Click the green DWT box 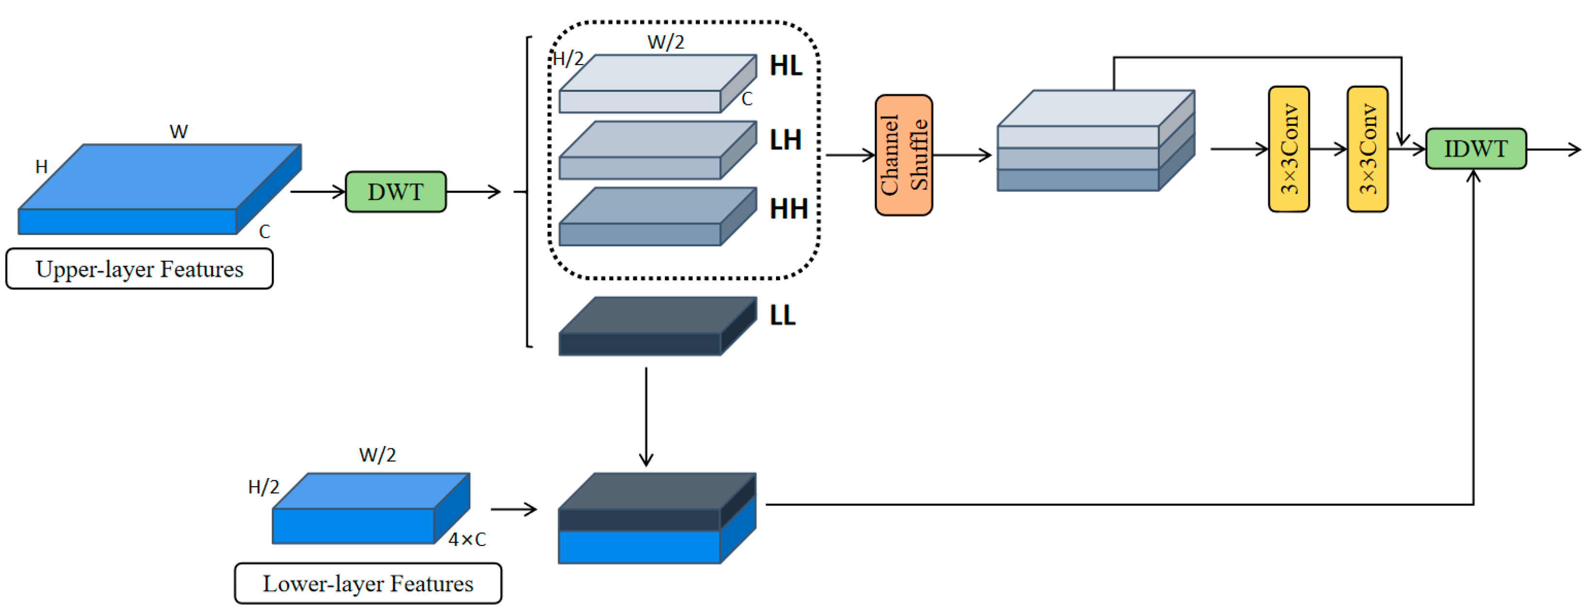(x=395, y=191)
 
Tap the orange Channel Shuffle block (x=903, y=154)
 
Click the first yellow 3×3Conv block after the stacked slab (x=1288, y=149)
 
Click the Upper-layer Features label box (x=139, y=269)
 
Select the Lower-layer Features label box (x=368, y=583)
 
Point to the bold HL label (x=785, y=66)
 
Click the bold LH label (x=785, y=140)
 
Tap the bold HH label (x=788, y=209)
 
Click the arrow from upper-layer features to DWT (x=317, y=191)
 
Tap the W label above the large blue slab (x=179, y=132)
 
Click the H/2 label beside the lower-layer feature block (x=263, y=487)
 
